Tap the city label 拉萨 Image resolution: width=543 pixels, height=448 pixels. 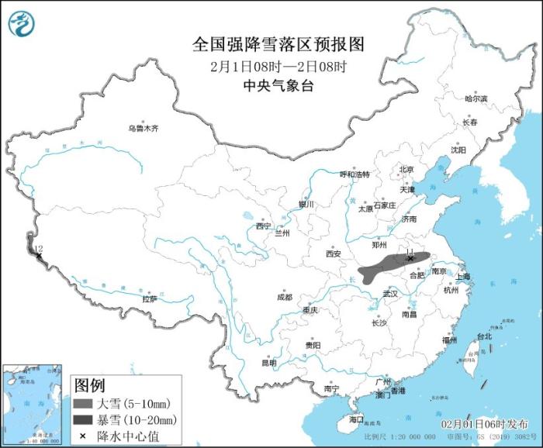tap(149, 298)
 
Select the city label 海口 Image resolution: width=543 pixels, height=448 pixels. tap(356, 419)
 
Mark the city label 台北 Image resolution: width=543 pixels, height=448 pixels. tap(484, 336)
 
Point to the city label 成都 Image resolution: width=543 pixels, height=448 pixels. tap(284, 297)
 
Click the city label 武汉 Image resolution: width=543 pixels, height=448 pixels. tap(389, 294)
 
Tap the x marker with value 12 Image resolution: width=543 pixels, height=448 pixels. tap(36, 254)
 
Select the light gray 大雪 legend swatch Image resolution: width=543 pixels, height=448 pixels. tap(83, 404)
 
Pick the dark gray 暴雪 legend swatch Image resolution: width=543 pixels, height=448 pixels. tap(83, 419)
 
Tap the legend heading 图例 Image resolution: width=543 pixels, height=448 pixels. tap(88, 385)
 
